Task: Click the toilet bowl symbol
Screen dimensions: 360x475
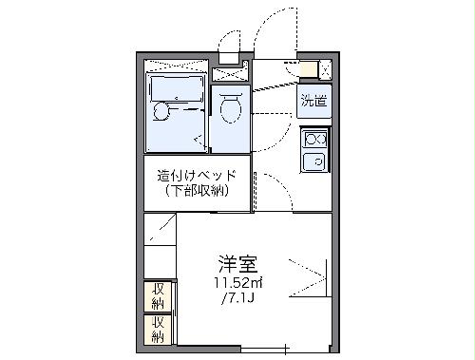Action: point(229,111)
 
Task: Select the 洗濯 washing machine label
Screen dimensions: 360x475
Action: point(313,100)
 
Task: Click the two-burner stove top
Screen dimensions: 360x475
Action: point(313,140)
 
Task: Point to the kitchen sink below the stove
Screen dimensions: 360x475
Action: point(313,161)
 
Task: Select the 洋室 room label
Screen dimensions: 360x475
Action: point(237,262)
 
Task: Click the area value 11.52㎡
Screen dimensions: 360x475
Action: point(237,282)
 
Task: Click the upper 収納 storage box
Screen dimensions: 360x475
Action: point(157,295)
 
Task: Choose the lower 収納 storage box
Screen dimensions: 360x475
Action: point(157,329)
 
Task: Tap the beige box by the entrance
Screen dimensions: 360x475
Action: point(307,68)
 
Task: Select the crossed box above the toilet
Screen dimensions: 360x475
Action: point(229,74)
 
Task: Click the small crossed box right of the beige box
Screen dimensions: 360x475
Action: point(325,68)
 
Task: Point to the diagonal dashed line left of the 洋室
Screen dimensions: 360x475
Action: point(162,228)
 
